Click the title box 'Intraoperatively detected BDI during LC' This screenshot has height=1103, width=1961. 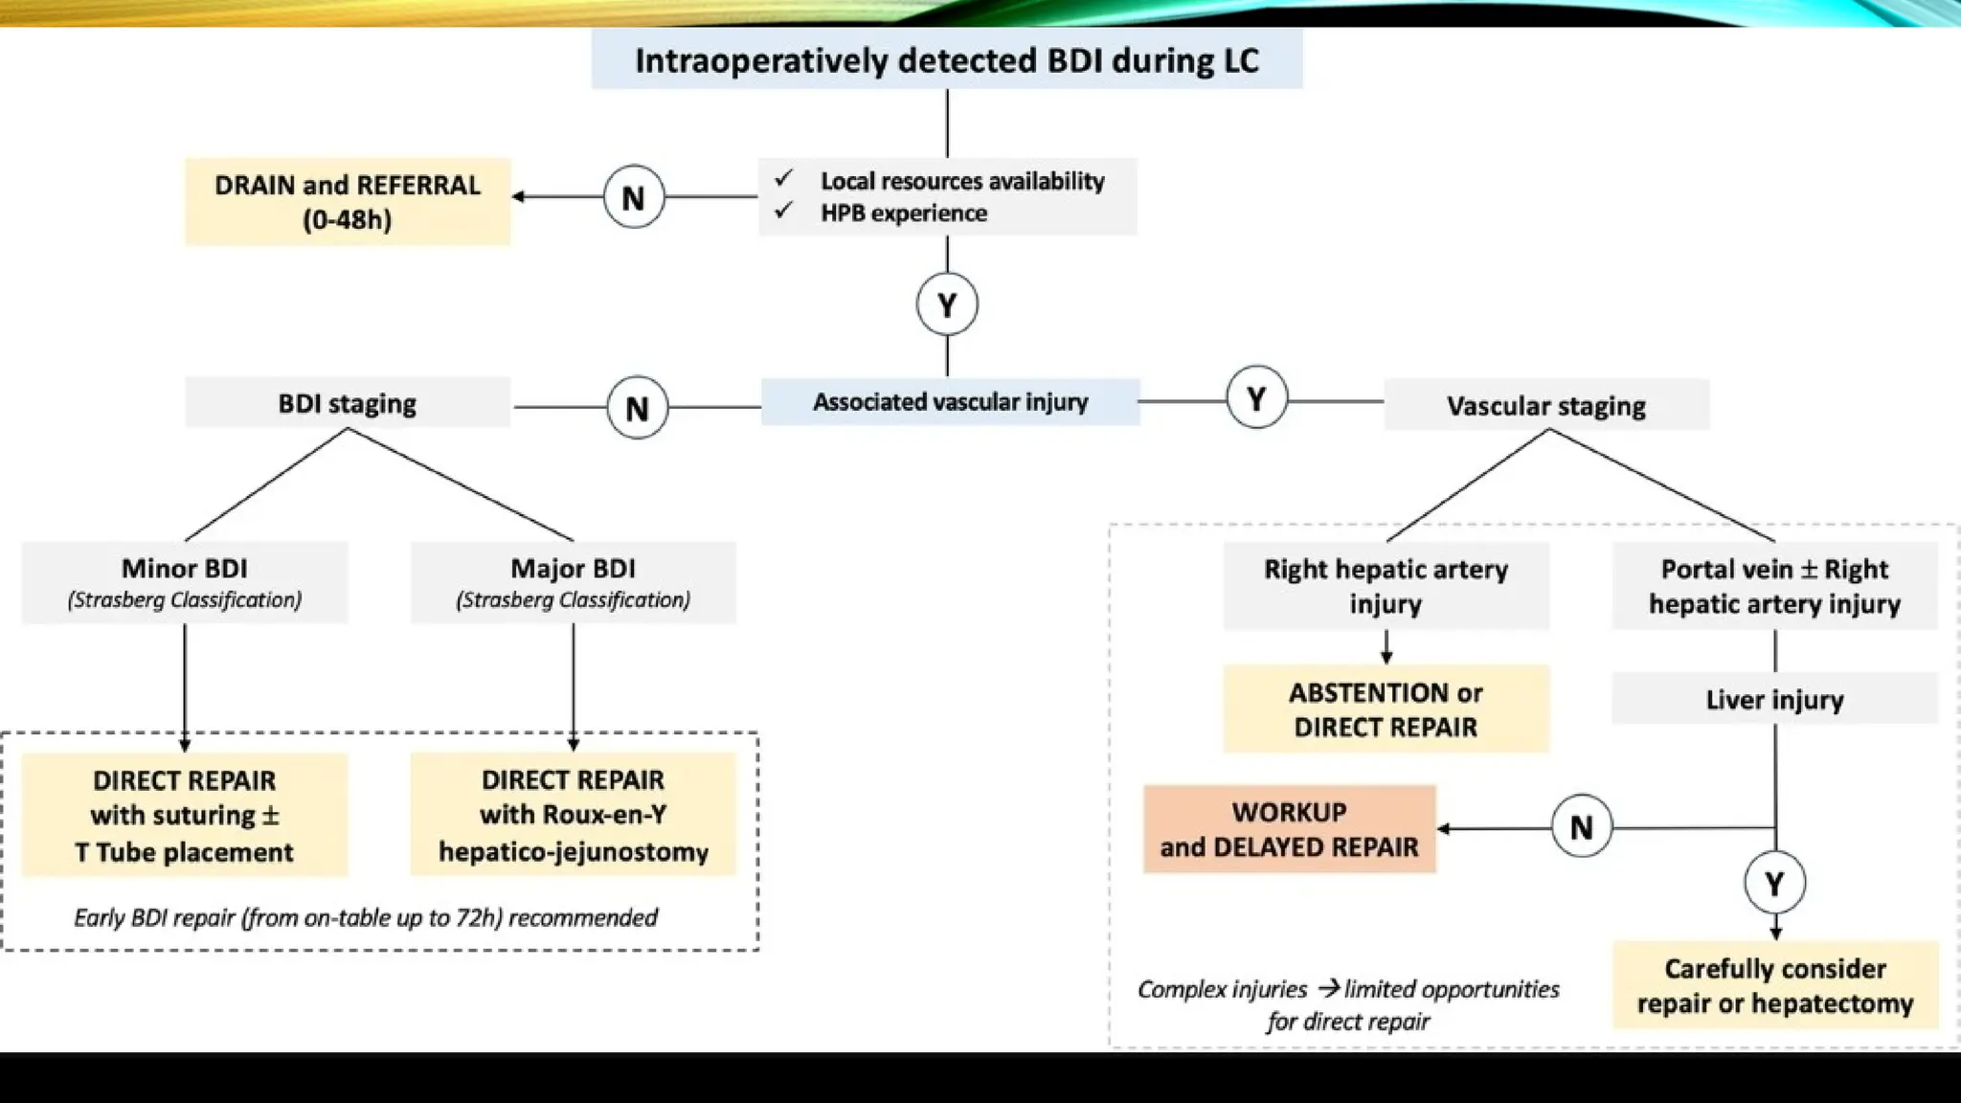[x=946, y=60]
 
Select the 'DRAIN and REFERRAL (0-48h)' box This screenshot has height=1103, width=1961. [x=348, y=202]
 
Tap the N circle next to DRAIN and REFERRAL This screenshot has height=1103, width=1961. [x=633, y=197]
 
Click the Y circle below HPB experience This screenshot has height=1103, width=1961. [x=947, y=304]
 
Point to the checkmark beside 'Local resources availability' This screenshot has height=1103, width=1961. [x=784, y=179]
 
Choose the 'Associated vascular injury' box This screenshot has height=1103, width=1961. [x=950, y=402]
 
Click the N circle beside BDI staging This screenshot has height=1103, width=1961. [x=637, y=408]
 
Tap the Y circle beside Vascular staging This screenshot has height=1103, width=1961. [x=1256, y=397]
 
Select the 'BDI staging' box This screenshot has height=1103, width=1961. [x=348, y=403]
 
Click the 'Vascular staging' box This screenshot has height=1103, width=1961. [x=1545, y=406]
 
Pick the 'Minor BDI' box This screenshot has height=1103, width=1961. [x=185, y=582]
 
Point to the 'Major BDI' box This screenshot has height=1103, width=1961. [x=573, y=582]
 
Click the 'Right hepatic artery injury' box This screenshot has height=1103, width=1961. [x=1386, y=586]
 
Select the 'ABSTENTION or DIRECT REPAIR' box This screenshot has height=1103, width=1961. [x=1386, y=709]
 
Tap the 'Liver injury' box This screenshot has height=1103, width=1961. [x=1774, y=699]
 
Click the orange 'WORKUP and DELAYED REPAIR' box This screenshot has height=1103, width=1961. [x=1289, y=829]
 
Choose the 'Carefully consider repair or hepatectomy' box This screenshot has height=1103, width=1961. [x=1774, y=985]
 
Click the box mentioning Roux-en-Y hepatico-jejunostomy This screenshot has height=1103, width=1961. [x=573, y=815]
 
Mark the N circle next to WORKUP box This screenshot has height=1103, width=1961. [x=1581, y=826]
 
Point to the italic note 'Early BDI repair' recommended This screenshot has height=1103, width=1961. [x=366, y=917]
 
